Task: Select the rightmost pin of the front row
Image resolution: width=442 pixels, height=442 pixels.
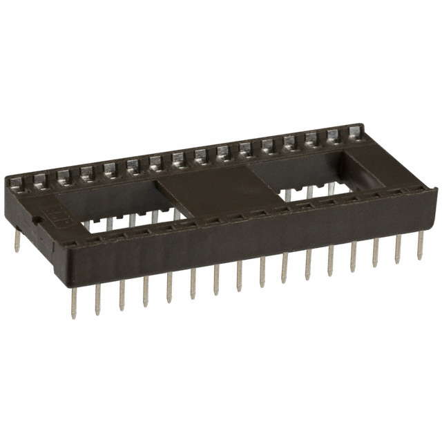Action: pos(419,246)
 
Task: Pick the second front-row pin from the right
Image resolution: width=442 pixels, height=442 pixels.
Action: pos(398,249)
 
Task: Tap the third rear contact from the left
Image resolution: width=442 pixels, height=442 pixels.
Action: pos(63,175)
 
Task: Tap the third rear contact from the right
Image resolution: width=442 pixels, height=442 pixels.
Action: pos(311,138)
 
